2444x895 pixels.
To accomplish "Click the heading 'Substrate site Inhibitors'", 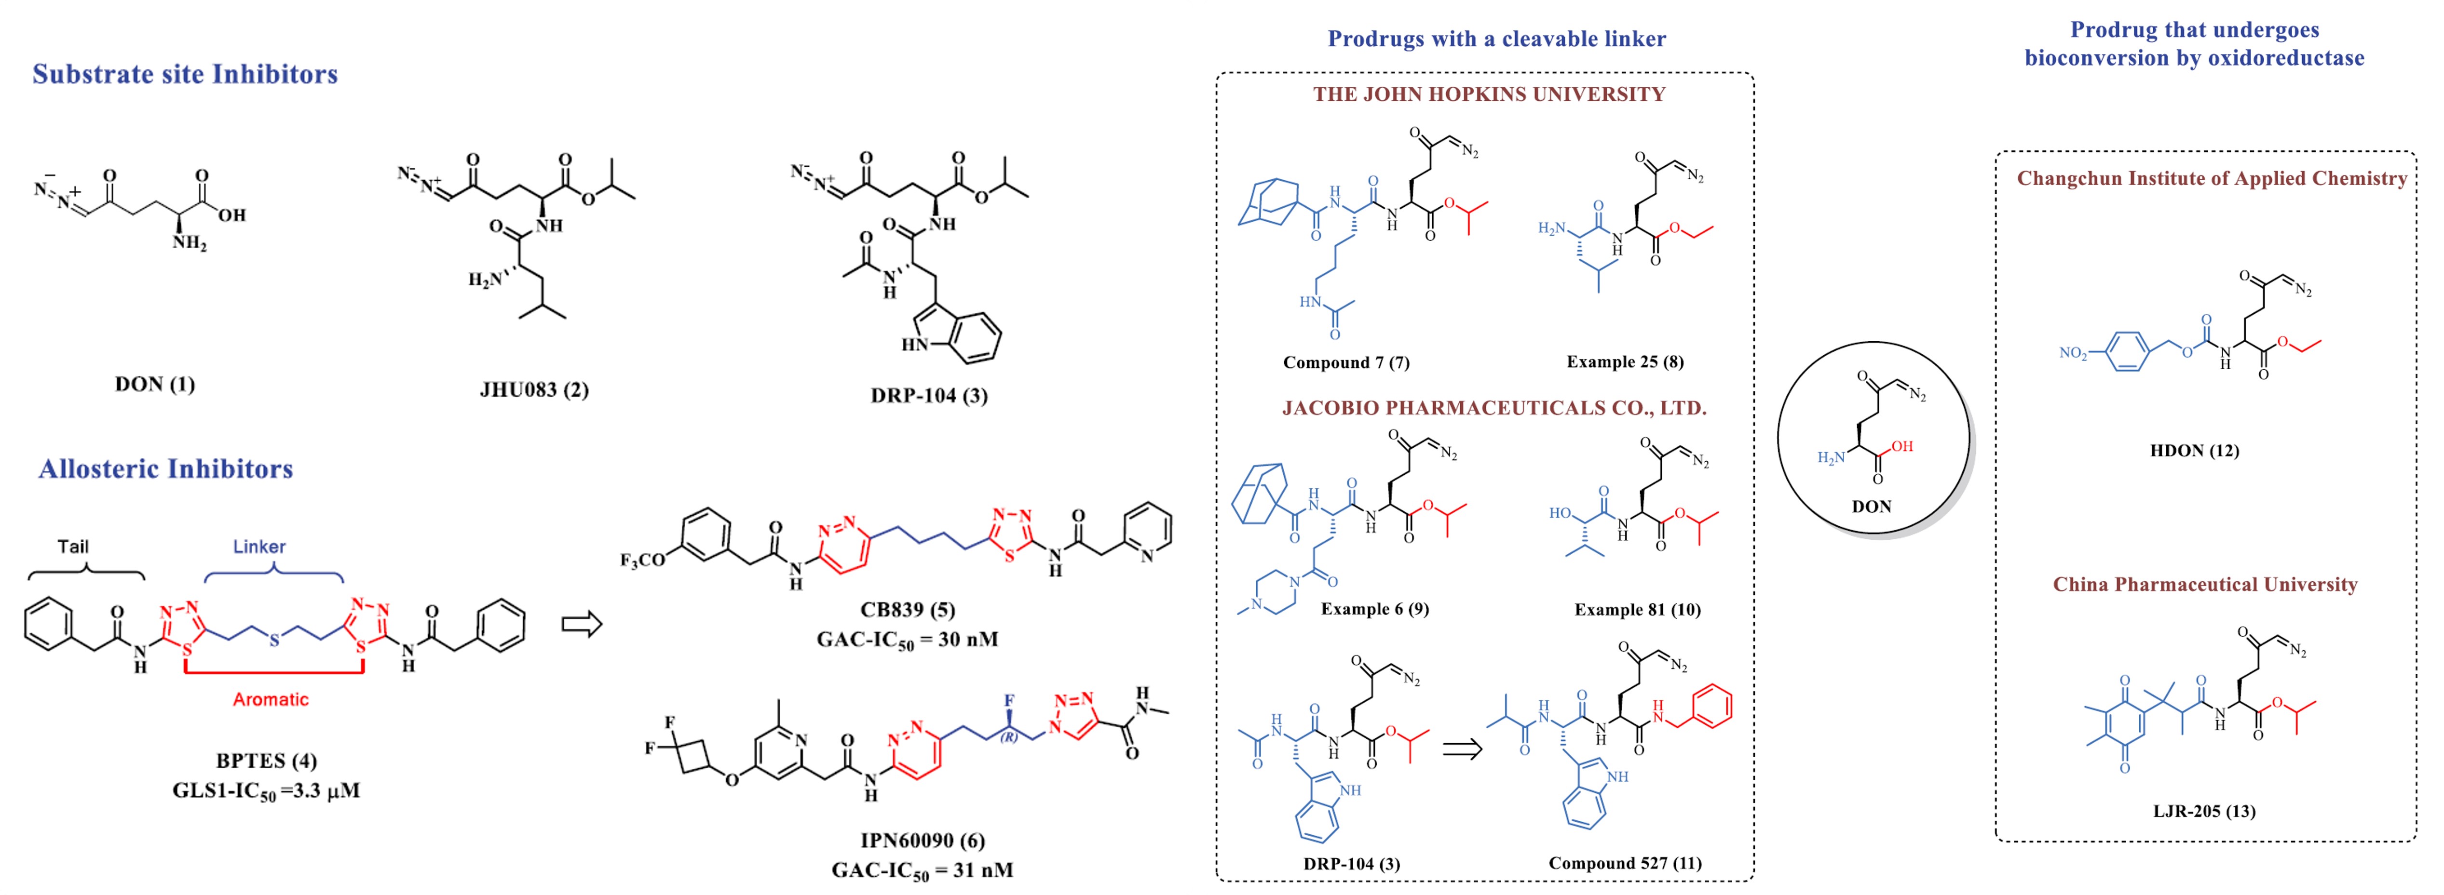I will [x=185, y=74].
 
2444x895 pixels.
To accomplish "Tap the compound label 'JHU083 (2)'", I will [x=534, y=390].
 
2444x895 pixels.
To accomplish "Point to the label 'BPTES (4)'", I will [x=267, y=761].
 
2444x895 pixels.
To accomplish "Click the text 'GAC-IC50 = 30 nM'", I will [x=907, y=640].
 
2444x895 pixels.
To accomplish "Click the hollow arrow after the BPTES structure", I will [x=582, y=625].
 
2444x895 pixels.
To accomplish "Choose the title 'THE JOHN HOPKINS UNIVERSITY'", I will [x=1489, y=94].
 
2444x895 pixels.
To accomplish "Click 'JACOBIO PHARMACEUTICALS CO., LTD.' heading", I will [x=1494, y=408].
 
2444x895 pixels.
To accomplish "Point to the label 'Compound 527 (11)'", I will [x=1624, y=863].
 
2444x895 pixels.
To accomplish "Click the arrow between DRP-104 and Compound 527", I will [x=1462, y=749].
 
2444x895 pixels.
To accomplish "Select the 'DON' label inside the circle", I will [x=1871, y=506].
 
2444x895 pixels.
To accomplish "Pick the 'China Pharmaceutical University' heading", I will [x=2205, y=584].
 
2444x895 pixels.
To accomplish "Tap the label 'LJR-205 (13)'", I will [x=2204, y=811].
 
